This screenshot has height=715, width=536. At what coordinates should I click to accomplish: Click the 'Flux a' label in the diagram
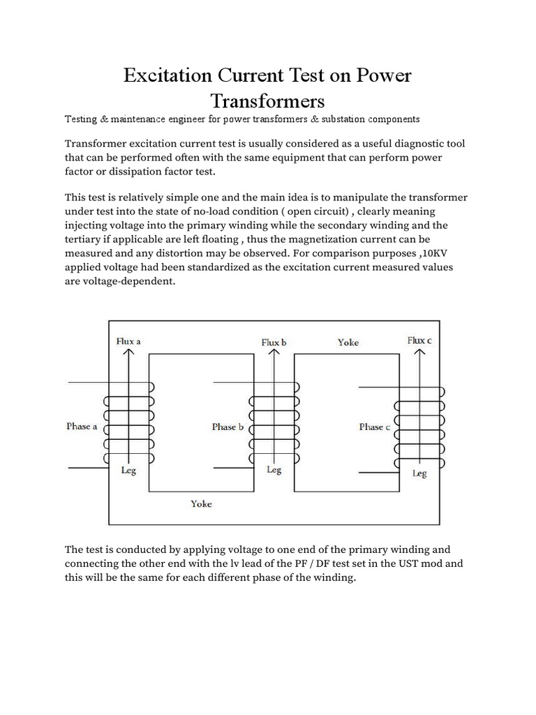tap(128, 341)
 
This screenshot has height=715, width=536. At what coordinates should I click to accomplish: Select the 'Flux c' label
tap(420, 340)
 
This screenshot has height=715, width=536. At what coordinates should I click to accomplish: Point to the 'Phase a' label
tap(82, 426)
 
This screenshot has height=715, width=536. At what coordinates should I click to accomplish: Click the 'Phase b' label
tap(228, 427)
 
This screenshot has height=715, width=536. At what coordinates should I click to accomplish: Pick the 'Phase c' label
tap(374, 427)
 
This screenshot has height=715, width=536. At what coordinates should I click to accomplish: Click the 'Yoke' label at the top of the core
tap(348, 342)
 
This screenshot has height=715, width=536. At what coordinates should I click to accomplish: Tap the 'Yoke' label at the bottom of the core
tap(201, 503)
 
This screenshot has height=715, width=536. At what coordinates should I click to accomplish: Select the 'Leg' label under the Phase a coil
tap(128, 470)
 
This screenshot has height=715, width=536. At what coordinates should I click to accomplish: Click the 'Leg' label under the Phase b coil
tap(274, 470)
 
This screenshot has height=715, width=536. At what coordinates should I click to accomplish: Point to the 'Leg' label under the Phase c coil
tap(419, 473)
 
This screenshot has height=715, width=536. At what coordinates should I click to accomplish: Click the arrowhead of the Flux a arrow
tap(128, 353)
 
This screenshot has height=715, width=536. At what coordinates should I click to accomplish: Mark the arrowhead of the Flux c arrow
tap(419, 353)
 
